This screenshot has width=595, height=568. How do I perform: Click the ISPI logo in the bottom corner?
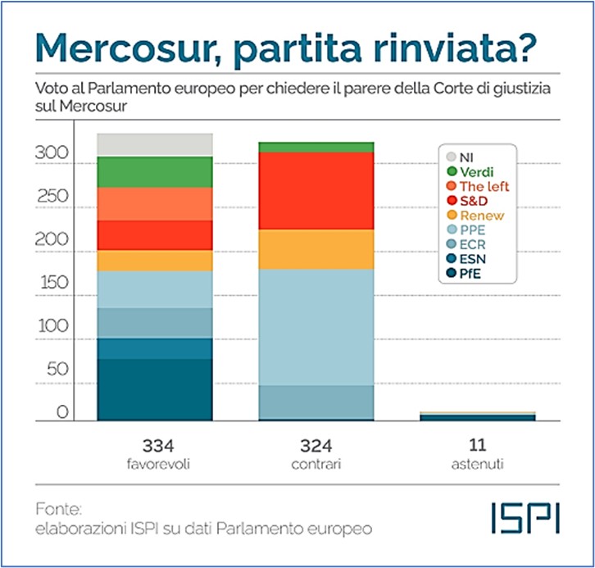[x=525, y=516]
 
